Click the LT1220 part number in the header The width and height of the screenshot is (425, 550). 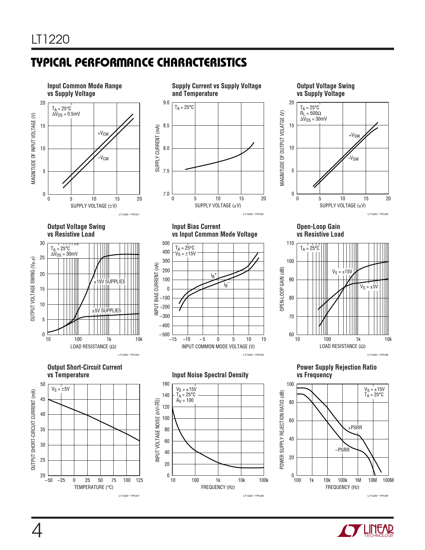click(x=51, y=39)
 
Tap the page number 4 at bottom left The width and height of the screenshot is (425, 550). click(x=37, y=530)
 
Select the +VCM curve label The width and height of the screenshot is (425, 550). click(x=103, y=134)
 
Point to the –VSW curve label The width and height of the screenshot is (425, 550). click(x=353, y=158)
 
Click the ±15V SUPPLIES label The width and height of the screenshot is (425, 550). click(x=109, y=282)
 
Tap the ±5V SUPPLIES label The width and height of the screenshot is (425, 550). click(x=107, y=311)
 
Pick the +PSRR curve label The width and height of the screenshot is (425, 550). click(x=355, y=428)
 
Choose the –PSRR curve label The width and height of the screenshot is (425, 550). click(x=342, y=450)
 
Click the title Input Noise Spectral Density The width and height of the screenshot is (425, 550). click(x=210, y=375)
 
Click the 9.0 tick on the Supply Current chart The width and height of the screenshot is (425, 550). click(x=166, y=103)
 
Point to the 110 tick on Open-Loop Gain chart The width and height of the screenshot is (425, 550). click(x=290, y=243)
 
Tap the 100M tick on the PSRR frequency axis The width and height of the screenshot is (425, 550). click(x=388, y=480)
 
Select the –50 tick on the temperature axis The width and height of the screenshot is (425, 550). click(x=49, y=480)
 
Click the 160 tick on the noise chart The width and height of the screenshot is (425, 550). click(x=166, y=384)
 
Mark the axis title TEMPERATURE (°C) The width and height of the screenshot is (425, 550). click(x=94, y=487)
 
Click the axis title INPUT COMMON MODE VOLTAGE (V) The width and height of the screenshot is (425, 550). click(x=218, y=347)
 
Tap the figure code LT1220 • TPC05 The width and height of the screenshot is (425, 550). click(x=253, y=355)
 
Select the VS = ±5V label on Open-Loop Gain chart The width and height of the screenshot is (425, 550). click(x=369, y=287)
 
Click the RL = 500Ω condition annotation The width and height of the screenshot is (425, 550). click(x=311, y=113)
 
